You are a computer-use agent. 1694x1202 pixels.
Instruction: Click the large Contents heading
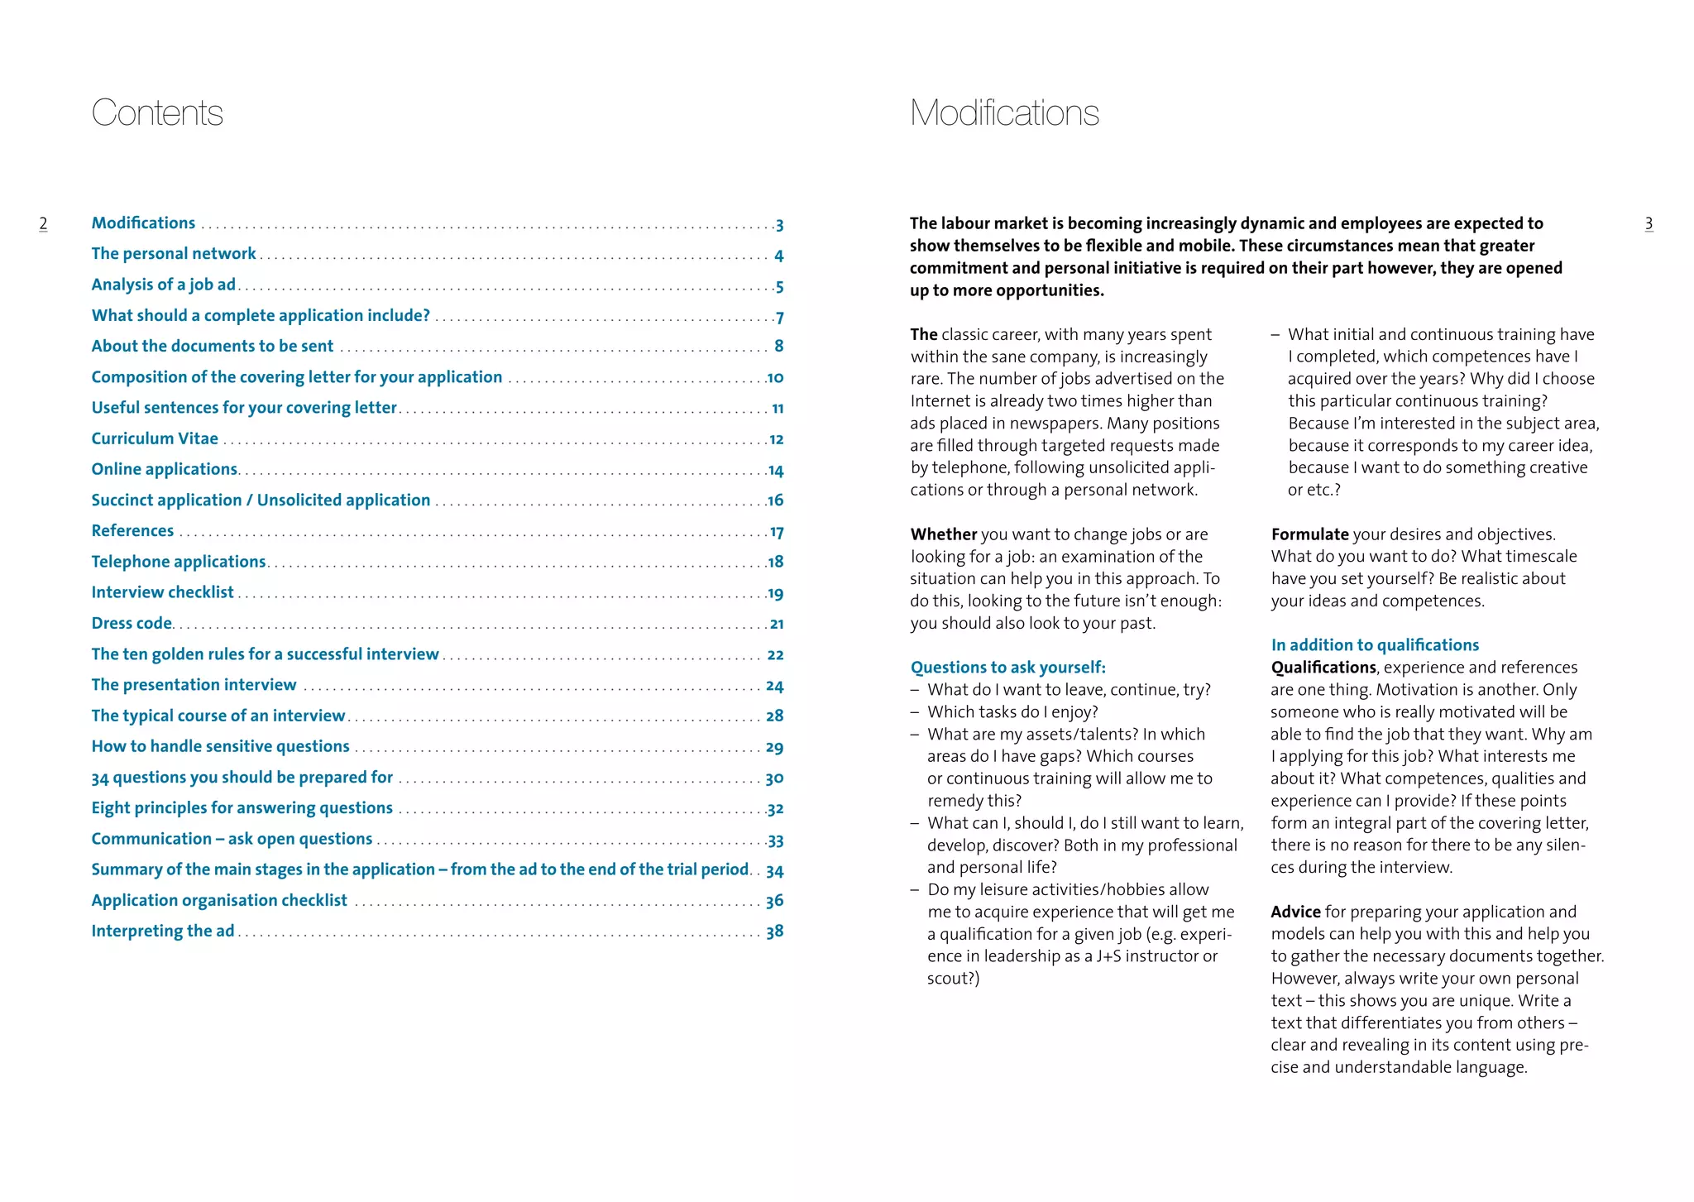(x=157, y=113)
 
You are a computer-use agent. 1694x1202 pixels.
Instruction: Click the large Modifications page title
(x=1004, y=113)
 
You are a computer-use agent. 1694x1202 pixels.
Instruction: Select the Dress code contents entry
(x=132, y=623)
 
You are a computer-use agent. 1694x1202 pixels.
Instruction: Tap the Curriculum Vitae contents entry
(x=155, y=438)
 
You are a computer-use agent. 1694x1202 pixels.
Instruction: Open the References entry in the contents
(x=132, y=531)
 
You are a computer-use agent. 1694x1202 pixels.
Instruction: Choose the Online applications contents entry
(x=165, y=469)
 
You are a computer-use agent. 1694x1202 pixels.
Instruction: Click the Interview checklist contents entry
(x=162, y=592)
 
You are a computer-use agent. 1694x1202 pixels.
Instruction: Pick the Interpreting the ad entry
(x=163, y=931)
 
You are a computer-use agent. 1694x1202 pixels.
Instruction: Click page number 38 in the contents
(x=774, y=931)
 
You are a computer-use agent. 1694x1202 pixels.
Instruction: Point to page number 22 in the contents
(x=775, y=655)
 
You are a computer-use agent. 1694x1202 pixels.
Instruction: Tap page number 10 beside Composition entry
(x=775, y=378)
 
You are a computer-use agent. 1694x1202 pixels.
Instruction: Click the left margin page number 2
(x=43, y=223)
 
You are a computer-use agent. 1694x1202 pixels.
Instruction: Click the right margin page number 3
(x=1649, y=223)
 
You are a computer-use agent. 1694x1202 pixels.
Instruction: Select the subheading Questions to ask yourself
(x=1007, y=668)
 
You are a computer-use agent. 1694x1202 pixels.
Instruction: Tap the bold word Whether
(x=944, y=534)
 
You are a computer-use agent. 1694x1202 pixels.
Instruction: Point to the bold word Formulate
(x=1309, y=534)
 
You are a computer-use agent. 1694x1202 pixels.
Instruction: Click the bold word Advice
(x=1295, y=912)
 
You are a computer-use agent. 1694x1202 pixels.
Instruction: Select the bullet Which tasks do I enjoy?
(x=1012, y=712)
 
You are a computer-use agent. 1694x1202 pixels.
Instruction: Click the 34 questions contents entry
(x=242, y=778)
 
